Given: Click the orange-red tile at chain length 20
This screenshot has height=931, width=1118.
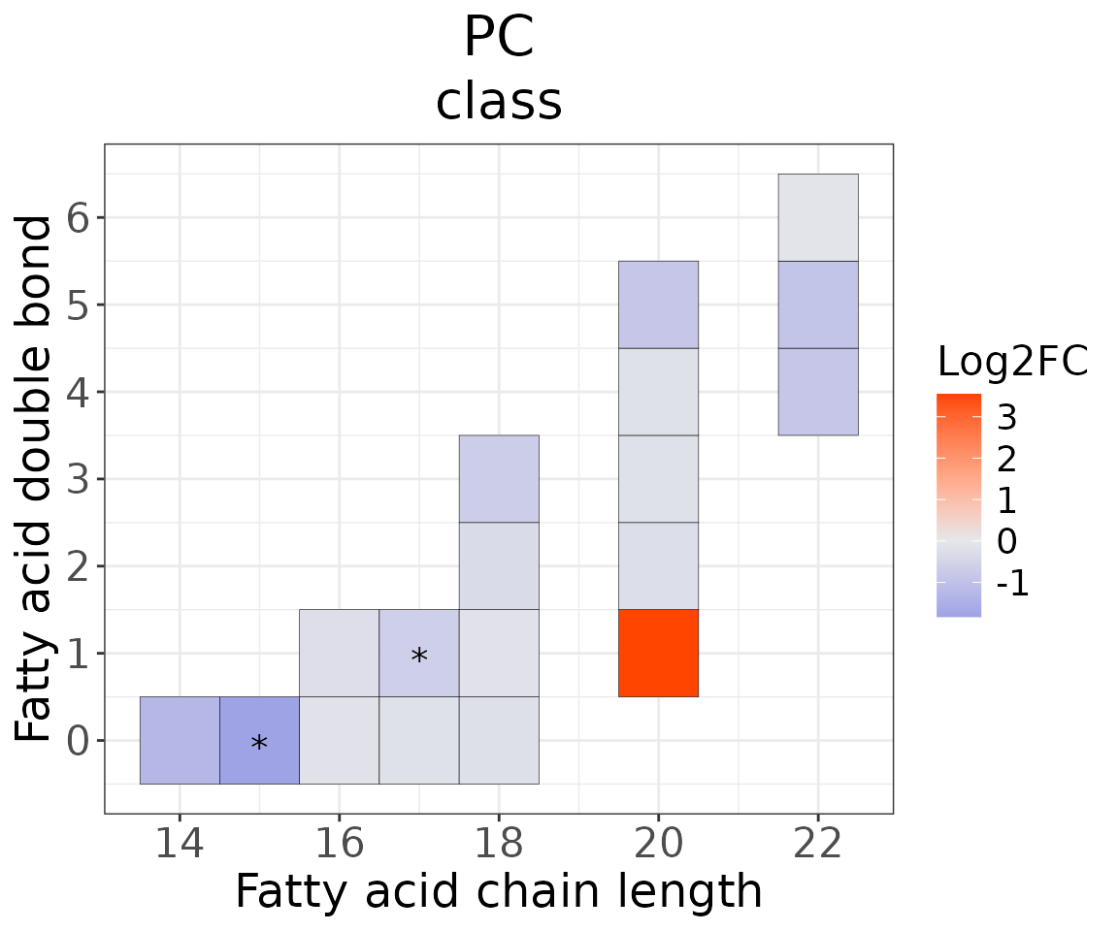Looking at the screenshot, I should click(658, 653).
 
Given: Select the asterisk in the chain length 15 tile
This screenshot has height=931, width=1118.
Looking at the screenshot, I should click(259, 744).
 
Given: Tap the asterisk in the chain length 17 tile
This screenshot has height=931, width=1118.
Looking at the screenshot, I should click(419, 657).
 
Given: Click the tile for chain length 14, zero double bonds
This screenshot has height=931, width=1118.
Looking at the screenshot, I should click(180, 740).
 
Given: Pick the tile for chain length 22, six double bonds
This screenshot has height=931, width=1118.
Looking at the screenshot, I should click(818, 217).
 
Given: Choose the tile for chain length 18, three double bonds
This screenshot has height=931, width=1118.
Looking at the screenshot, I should click(499, 478).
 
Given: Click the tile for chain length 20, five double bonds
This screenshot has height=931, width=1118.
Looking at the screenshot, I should click(658, 305).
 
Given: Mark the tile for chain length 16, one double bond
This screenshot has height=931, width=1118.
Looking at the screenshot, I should click(339, 653).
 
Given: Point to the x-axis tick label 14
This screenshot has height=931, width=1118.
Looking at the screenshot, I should click(180, 844).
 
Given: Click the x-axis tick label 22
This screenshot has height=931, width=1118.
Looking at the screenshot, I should click(818, 844).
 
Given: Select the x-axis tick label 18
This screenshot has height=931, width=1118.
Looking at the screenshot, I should click(499, 844).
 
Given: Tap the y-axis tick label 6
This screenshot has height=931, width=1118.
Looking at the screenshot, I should click(80, 218).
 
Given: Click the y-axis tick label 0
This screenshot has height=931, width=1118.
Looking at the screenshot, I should click(80, 741).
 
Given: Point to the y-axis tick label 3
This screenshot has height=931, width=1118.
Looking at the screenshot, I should click(80, 479).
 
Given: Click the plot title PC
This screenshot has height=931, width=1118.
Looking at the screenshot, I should click(499, 39).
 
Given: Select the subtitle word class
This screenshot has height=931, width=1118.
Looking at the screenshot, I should click(499, 102).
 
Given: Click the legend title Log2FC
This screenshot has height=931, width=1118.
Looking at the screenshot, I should click(1012, 362).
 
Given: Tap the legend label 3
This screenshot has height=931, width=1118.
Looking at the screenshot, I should click(1006, 418).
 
